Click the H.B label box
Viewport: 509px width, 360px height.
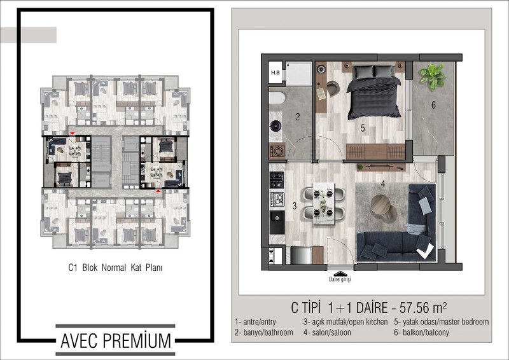coord(275,73)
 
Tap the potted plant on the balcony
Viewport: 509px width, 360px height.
coord(432,77)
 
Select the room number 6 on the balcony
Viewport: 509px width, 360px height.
coord(433,105)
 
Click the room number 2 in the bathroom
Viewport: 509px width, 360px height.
coord(298,117)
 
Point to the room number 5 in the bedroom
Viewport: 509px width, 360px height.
coord(363,128)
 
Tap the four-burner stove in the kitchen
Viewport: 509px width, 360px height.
coord(277,180)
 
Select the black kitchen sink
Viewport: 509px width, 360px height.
coord(277,222)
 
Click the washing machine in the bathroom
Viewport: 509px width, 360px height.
coord(277,151)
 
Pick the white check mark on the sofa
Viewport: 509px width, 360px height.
coord(425,251)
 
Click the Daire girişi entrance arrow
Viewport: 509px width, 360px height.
coord(340,273)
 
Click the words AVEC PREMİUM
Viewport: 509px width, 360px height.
coord(116,341)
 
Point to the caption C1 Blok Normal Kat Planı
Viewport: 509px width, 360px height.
coord(115,268)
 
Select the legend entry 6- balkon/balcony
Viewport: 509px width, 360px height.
coord(421,333)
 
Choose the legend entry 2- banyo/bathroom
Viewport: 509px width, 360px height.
coord(263,333)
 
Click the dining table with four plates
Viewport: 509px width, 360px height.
coord(323,204)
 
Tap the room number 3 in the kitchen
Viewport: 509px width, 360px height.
coord(294,206)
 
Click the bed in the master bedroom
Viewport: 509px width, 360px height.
coord(374,92)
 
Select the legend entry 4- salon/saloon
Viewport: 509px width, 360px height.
coord(327,333)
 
